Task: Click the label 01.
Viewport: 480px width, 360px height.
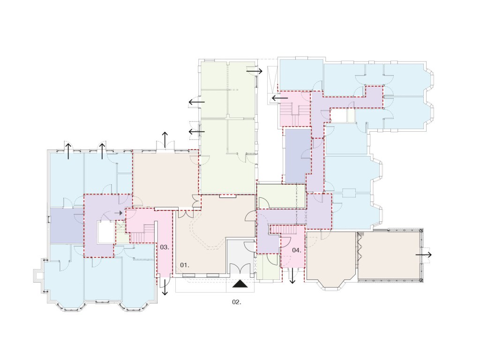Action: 184,265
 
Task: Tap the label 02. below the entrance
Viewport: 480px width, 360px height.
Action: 237,302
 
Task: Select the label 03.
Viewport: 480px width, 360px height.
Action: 165,247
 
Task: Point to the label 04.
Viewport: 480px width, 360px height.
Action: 296,250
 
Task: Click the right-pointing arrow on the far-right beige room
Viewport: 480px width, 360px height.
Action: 423,255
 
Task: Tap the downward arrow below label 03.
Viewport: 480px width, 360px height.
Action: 165,287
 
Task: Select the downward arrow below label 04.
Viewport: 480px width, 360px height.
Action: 292,276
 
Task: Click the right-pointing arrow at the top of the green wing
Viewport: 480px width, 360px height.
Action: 255,71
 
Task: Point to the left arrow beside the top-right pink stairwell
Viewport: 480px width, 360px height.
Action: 280,98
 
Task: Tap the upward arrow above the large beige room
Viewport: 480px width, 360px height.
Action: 165,139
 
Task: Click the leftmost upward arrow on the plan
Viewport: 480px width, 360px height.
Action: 68,150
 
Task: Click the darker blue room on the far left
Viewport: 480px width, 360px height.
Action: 67,225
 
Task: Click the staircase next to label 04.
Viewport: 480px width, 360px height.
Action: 284,229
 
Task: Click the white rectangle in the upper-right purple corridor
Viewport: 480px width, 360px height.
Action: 339,116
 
